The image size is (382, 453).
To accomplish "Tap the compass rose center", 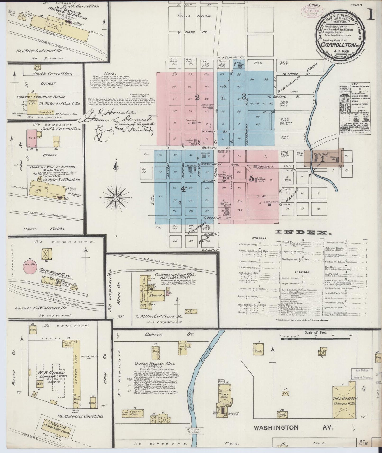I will point(116,197).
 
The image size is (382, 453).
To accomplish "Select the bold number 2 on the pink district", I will point(197,98).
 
